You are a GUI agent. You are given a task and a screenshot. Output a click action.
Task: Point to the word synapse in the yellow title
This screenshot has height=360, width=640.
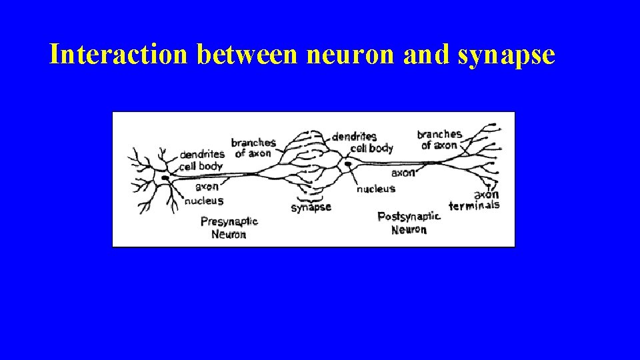(x=507, y=55)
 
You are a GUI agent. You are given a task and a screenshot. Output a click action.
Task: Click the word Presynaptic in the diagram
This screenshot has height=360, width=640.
(x=229, y=222)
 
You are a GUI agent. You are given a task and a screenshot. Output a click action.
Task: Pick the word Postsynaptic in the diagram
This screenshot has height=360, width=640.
(x=409, y=217)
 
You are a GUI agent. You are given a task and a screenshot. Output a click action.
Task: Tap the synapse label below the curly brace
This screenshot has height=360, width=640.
(x=311, y=207)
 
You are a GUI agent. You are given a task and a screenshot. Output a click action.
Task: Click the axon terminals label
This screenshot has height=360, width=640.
(x=475, y=201)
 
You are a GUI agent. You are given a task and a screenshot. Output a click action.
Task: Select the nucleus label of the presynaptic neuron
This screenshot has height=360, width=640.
(x=203, y=200)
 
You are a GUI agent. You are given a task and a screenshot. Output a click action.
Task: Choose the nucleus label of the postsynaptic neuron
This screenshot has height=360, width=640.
(x=376, y=189)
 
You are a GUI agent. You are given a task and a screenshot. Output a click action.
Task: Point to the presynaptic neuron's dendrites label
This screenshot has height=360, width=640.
(x=202, y=155)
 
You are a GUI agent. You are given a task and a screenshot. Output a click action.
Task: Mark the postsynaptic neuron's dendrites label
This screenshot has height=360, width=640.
(x=354, y=137)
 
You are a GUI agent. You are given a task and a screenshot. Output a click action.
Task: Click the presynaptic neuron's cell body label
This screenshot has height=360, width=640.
(x=201, y=165)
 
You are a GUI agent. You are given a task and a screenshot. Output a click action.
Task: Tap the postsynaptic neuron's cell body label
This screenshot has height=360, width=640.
(x=371, y=148)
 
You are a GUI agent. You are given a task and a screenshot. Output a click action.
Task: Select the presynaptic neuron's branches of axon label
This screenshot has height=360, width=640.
(x=253, y=147)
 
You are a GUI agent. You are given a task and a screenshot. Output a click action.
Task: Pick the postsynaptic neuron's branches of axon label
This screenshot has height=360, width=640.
(x=439, y=139)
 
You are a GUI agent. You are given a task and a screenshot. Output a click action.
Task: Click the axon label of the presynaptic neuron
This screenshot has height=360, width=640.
(x=207, y=187)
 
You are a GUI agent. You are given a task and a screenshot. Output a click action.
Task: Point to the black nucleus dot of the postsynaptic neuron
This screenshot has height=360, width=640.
(x=348, y=164)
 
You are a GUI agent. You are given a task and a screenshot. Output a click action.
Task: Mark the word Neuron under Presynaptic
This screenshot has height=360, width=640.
(x=229, y=234)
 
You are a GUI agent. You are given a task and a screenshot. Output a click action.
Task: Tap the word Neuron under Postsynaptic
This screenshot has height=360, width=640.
(x=409, y=229)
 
